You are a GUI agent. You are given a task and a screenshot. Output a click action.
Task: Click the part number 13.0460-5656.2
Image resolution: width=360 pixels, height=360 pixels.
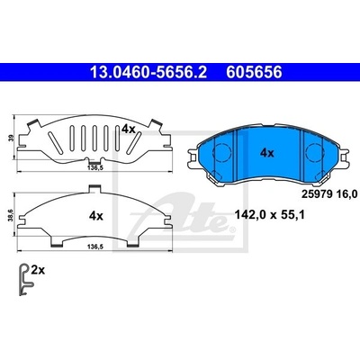148,72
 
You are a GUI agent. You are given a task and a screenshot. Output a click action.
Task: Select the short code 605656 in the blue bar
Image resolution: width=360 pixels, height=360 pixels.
254,72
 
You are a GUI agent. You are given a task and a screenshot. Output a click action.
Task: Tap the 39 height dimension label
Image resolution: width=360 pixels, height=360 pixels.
12,138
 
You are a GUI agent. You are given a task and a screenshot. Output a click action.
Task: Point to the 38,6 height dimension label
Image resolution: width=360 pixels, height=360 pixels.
12,215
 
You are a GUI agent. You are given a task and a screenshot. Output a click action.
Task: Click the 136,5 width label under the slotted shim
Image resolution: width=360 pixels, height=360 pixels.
95,168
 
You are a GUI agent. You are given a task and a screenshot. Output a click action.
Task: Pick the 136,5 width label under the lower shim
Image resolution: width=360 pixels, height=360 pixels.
95,247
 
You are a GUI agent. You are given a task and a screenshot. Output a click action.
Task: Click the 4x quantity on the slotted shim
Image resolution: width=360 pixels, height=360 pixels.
129,130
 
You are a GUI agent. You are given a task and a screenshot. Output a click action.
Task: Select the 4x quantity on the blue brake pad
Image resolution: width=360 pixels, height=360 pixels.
267,153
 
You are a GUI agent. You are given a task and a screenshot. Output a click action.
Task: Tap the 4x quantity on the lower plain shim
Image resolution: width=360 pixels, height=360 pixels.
96,216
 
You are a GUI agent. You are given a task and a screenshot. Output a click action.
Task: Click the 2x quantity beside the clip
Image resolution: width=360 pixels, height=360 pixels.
38,271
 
